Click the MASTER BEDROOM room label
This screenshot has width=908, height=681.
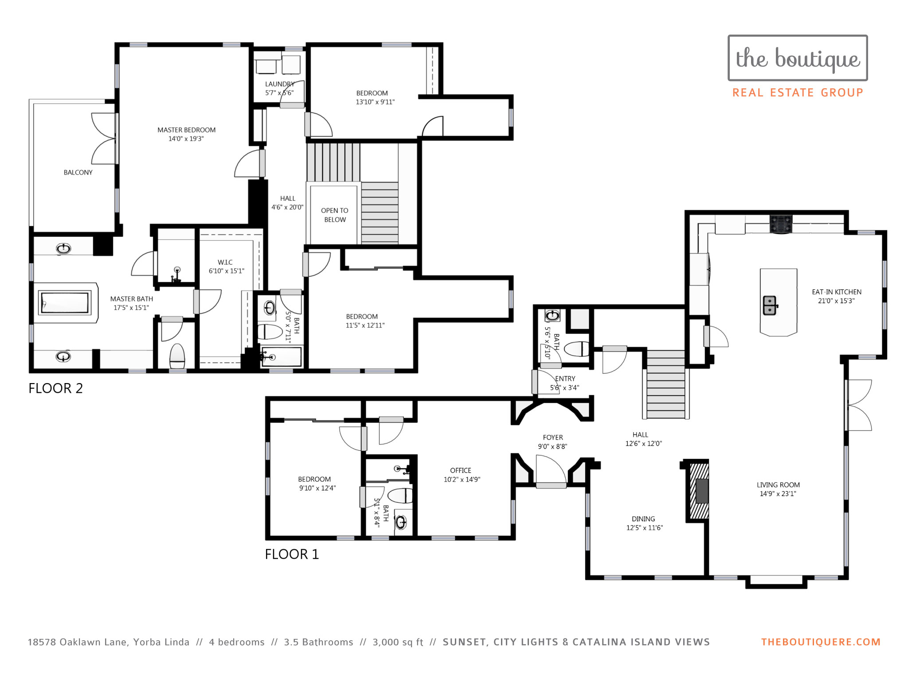pos(187,130)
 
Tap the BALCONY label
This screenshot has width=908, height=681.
pos(78,172)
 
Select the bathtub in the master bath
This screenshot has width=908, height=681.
pos(65,302)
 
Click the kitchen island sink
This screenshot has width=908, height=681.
pos(770,305)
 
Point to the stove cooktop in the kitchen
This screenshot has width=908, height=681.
pos(781,224)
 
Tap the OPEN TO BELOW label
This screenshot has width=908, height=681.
pos(335,215)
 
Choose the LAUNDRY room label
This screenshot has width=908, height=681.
pos(280,84)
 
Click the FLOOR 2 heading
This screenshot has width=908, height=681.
pos(56,388)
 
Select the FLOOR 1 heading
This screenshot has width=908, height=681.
pos(292,554)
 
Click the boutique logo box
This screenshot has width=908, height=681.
pos(798,58)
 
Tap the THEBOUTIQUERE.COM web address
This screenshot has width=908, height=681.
pos(821,642)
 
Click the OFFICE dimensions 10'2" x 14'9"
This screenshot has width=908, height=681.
pos(462,479)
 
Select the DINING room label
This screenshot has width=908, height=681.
pos(643,519)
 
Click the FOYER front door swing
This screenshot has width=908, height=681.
pos(552,470)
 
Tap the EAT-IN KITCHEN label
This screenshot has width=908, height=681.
pos(837,292)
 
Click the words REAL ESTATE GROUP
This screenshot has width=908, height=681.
pos(798,93)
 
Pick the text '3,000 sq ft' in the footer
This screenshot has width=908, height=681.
pos(398,642)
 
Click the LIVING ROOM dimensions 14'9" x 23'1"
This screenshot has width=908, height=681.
pos(778,494)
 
